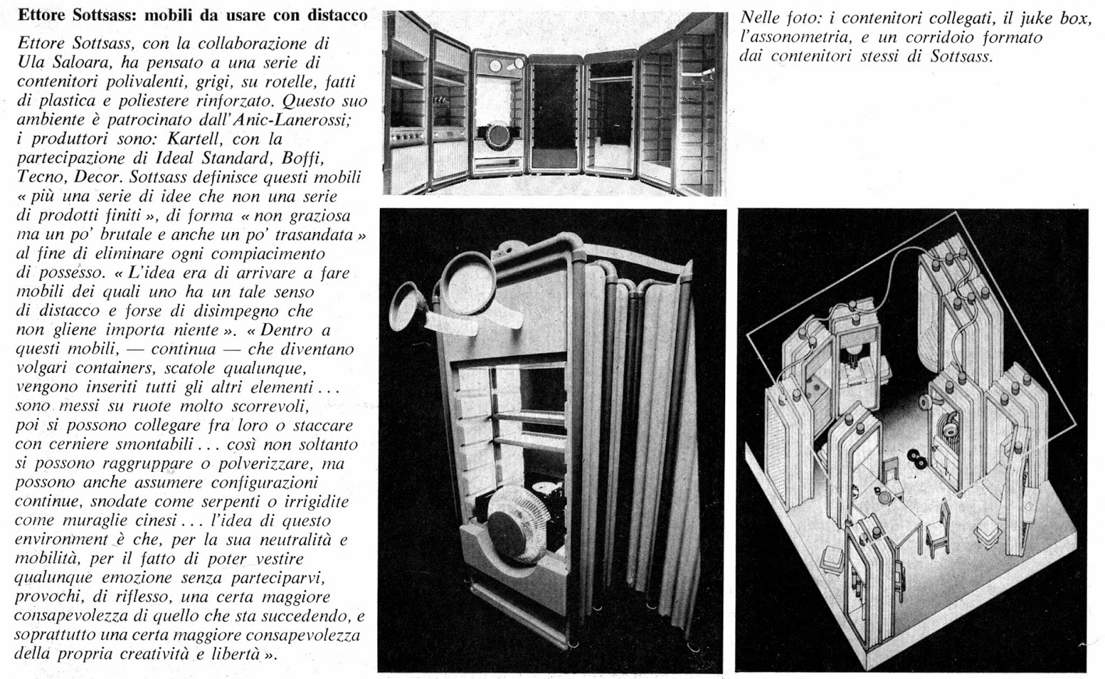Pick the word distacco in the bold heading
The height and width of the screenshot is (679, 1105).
pos(334,15)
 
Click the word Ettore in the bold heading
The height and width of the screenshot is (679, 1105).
pos(41,15)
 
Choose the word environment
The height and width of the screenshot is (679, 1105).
pos(61,539)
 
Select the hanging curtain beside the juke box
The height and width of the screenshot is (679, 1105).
pos(642,442)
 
